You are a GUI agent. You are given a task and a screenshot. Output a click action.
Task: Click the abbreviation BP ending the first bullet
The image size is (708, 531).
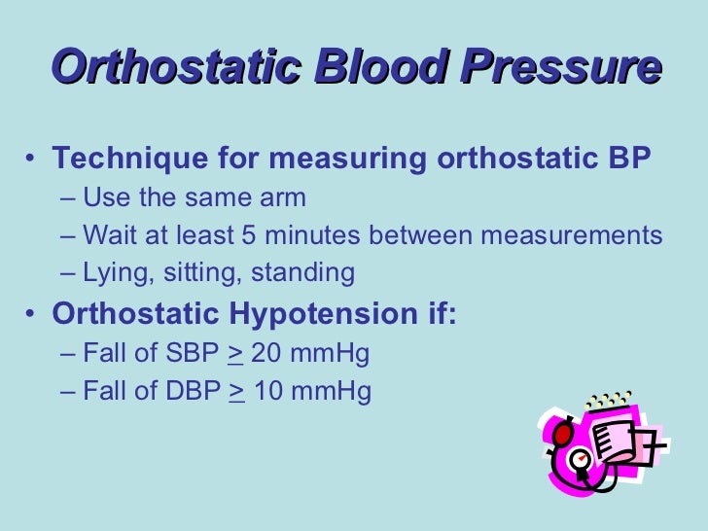pyautogui.click(x=629, y=159)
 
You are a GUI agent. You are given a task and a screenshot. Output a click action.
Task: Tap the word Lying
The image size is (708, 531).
pyautogui.click(x=113, y=273)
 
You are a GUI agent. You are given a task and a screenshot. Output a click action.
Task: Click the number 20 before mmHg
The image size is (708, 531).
pyautogui.click(x=266, y=354)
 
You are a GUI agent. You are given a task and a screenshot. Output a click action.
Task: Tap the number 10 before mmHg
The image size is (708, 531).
pyautogui.click(x=266, y=392)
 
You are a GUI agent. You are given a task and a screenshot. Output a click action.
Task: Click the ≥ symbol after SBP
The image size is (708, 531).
pyautogui.click(x=234, y=354)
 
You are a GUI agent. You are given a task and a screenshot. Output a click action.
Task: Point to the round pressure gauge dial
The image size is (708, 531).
pyautogui.click(x=581, y=458)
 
